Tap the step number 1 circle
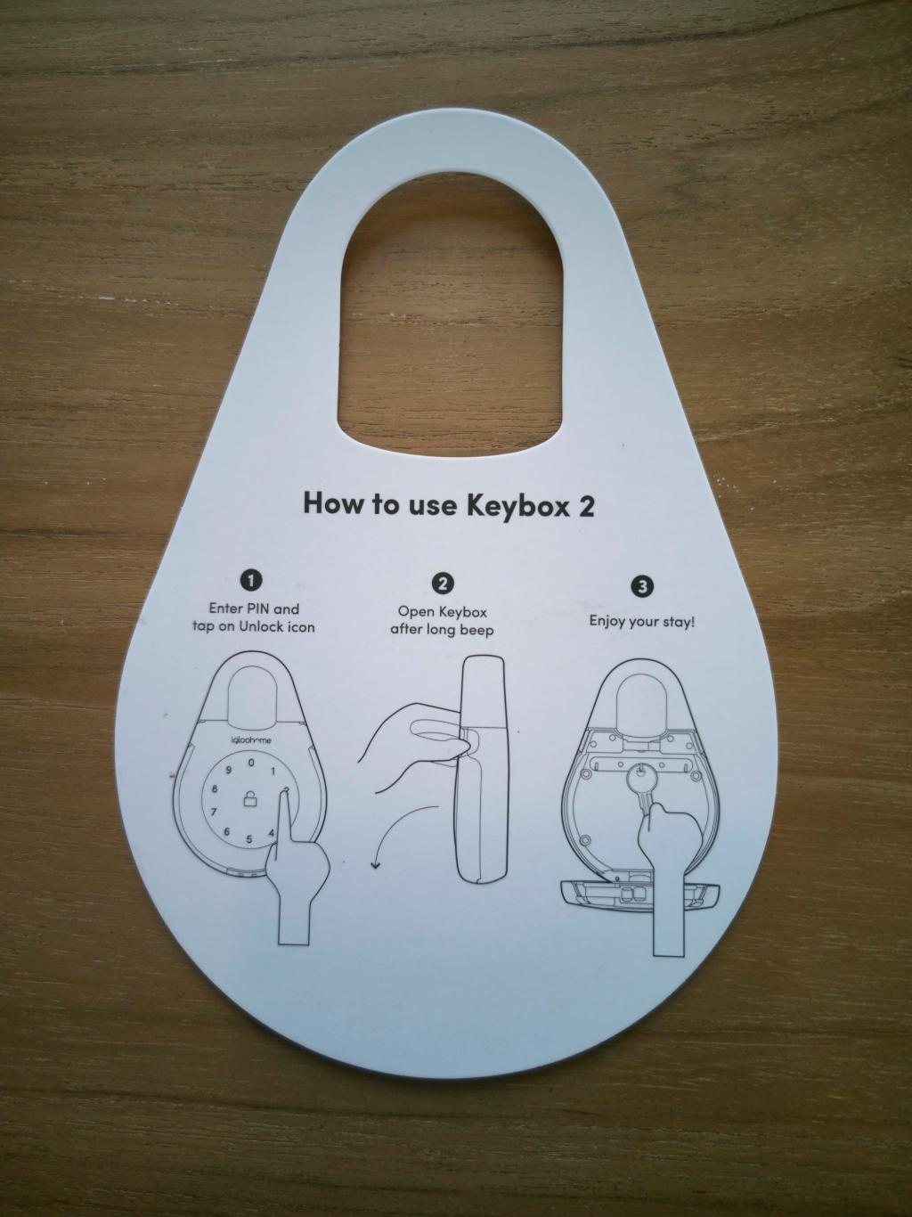point(253,581)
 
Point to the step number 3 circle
point(641,587)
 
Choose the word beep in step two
point(476,632)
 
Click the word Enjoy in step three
point(606,622)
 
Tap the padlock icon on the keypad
point(251,800)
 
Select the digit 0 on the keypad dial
point(251,763)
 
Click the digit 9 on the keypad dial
point(227,770)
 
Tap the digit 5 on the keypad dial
point(249,839)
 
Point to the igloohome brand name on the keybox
point(250,740)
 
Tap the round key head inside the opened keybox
point(641,783)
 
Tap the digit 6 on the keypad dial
point(226,832)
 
